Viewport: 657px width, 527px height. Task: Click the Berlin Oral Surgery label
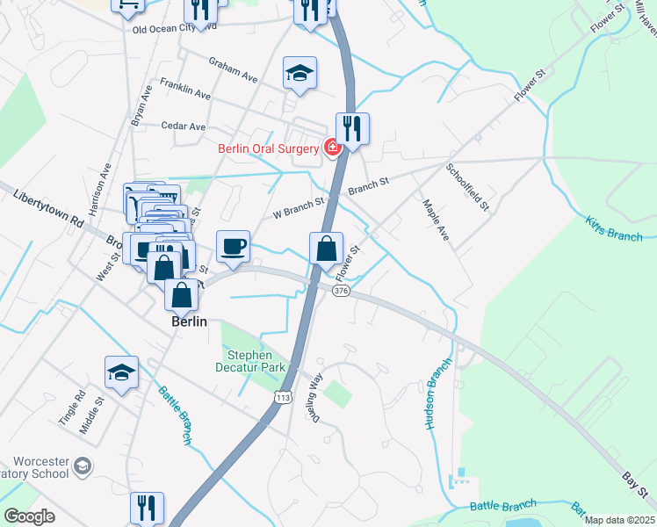tap(268, 148)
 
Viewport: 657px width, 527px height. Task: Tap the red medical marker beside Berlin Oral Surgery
tap(333, 147)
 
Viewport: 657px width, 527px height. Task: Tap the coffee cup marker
tap(233, 247)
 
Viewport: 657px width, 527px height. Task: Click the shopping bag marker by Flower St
tap(326, 249)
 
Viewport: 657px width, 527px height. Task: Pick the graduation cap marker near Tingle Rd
tap(122, 373)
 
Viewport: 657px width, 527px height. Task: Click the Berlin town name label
tap(189, 321)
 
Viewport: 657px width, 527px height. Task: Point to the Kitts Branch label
tap(613, 227)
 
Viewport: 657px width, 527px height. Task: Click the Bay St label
tap(634, 481)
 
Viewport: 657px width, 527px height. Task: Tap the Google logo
tap(29, 516)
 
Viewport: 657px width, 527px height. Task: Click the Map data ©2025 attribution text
tap(620, 520)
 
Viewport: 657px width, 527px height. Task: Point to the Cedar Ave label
tap(184, 126)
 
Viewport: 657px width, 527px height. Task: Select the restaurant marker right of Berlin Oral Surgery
tap(352, 128)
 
